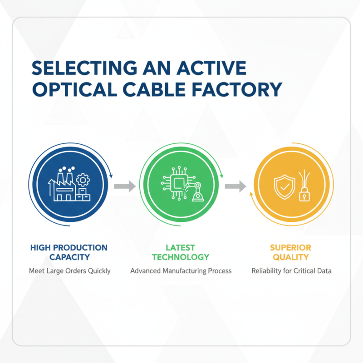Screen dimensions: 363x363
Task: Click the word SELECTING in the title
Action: pos(85,68)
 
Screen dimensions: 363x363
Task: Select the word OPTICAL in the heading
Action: pos(75,89)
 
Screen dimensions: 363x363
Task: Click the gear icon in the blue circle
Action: pos(83,180)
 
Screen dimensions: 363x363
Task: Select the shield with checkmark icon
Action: pos(285,187)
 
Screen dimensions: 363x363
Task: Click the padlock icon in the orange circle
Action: pos(304,195)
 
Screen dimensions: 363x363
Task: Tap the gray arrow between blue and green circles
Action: pos(125,186)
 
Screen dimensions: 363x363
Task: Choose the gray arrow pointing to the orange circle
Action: pos(235,186)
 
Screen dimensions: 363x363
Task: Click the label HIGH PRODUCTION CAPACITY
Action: pos(69,252)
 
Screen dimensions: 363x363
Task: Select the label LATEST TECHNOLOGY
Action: pos(181,252)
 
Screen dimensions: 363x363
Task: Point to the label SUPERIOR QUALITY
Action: pos(291,252)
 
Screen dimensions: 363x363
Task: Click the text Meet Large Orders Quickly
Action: pos(70,271)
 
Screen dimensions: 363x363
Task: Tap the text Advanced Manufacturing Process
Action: pos(181,271)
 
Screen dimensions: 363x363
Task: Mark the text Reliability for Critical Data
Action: pos(291,271)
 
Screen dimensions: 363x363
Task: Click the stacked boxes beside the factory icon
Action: pos(83,195)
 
